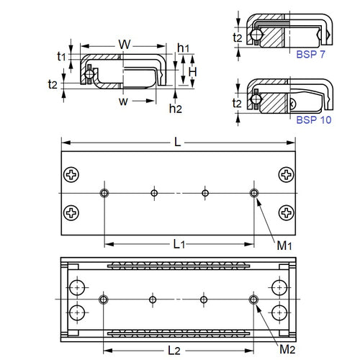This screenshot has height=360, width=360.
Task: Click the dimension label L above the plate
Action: point(177,142)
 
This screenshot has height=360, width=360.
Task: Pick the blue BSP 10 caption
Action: point(314,120)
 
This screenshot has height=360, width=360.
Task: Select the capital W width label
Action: point(125,45)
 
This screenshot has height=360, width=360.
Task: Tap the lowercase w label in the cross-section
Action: point(124,101)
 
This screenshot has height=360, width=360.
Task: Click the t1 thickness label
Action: point(61,55)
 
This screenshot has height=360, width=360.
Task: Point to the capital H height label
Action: point(193,72)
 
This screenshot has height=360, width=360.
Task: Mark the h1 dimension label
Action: point(183,47)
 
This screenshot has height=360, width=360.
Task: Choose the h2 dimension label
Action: point(175,108)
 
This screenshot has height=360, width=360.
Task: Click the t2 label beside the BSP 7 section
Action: point(238,37)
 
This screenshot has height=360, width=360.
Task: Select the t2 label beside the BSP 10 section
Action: point(238,103)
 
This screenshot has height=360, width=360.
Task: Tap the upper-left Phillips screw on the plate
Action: point(72,174)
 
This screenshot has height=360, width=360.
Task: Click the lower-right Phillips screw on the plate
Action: point(287,212)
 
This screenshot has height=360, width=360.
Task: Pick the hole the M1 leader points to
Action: point(253,193)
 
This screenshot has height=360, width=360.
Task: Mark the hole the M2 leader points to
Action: point(253,299)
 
